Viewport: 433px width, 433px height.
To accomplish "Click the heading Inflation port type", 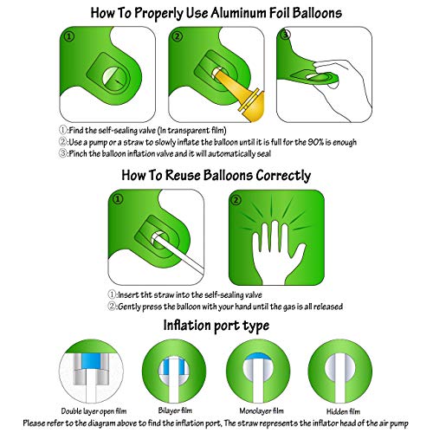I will tap(216, 325).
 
